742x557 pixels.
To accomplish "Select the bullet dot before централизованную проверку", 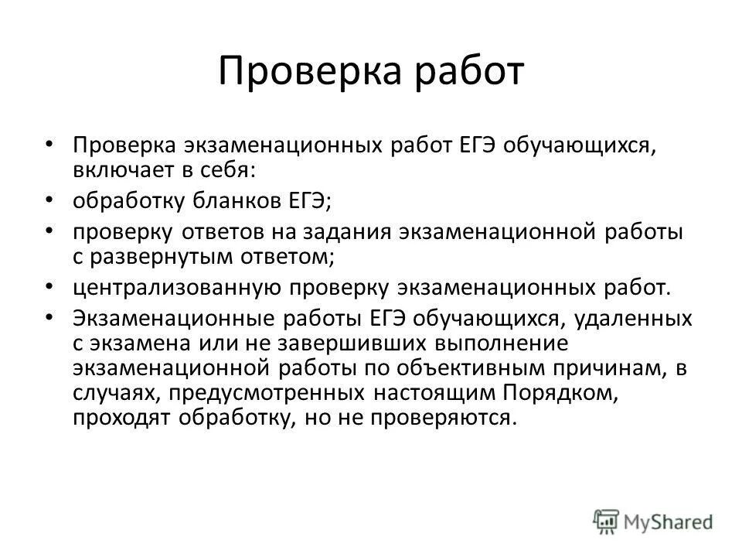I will click(x=49, y=286).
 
